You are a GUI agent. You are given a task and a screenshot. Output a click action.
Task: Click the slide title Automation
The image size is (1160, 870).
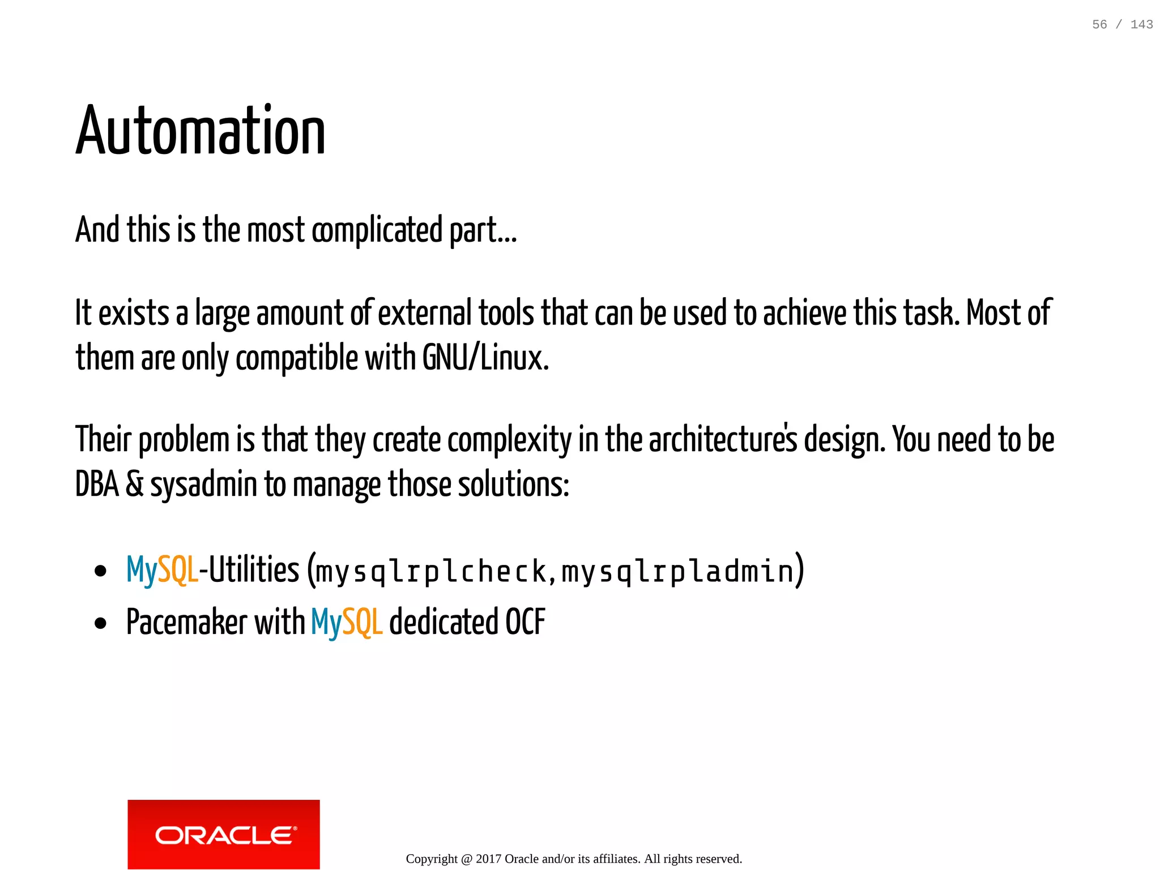click(x=201, y=131)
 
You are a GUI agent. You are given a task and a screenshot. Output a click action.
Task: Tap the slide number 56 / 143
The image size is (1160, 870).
click(x=1122, y=24)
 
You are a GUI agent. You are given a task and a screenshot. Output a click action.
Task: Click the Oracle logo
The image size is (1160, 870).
click(x=224, y=834)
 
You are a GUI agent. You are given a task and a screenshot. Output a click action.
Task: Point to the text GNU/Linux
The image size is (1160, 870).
click(x=485, y=358)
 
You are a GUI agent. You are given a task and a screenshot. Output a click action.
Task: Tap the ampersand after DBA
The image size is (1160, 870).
click(x=134, y=485)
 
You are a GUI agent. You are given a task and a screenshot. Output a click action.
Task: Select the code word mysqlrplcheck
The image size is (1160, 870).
click(x=430, y=571)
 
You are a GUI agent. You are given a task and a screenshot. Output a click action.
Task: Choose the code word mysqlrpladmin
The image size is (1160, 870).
click(x=677, y=571)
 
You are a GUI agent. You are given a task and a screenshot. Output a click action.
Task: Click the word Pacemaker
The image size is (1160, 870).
click(x=186, y=622)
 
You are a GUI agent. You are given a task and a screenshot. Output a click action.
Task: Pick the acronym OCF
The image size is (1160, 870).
click(x=525, y=622)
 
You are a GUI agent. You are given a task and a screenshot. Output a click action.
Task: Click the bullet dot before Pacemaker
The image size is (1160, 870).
click(x=101, y=624)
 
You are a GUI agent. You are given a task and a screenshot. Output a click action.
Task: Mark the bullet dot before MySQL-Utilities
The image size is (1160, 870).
click(x=101, y=571)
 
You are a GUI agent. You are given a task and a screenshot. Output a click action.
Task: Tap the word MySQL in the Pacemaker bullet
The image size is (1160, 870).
click(x=347, y=622)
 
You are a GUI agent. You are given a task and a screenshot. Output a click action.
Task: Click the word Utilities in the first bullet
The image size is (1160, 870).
click(x=254, y=569)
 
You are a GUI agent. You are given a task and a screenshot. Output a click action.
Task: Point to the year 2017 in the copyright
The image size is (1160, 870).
click(x=488, y=859)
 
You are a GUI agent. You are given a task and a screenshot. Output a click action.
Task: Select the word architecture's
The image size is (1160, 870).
click(x=723, y=440)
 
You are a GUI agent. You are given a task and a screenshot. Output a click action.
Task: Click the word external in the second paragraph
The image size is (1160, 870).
click(x=424, y=313)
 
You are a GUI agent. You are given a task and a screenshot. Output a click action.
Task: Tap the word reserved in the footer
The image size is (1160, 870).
click(x=719, y=859)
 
